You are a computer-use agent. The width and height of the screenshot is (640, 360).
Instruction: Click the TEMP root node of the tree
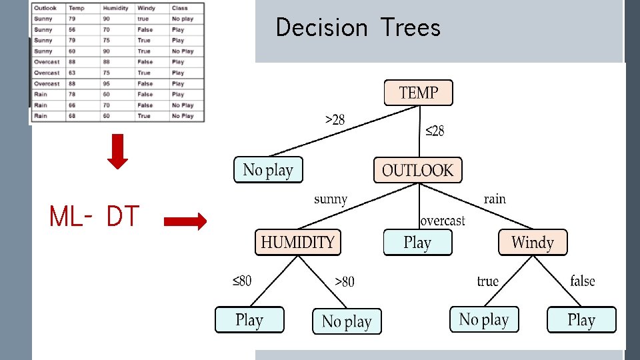point(418,93)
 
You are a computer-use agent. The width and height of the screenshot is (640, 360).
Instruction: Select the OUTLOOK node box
point(417,170)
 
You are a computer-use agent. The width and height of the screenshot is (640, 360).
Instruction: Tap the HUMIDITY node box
point(297,242)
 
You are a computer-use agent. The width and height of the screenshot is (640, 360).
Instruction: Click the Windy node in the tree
point(533,242)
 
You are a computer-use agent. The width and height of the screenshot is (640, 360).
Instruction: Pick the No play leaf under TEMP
point(268,170)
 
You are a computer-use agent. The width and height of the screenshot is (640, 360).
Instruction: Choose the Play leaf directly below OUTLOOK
point(417,242)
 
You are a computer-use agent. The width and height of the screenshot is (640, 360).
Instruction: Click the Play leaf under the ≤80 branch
point(249,320)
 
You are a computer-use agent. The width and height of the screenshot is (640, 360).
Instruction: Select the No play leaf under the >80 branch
point(347,321)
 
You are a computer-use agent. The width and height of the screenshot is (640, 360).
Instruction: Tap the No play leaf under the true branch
point(484,319)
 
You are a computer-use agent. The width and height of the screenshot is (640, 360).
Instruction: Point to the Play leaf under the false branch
point(581,320)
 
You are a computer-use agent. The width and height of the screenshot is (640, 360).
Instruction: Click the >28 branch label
point(335,120)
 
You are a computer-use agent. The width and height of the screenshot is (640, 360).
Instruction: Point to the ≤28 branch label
point(434,131)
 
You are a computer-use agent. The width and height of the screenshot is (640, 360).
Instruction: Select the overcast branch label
point(442,221)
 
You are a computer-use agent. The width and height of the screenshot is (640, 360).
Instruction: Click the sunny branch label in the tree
point(330,199)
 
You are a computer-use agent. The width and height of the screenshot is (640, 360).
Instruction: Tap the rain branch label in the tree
point(494,199)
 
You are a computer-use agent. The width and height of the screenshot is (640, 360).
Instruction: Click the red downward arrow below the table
point(117,151)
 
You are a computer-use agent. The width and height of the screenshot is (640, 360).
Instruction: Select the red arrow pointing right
point(185,223)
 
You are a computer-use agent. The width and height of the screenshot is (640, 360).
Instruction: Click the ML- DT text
point(94,217)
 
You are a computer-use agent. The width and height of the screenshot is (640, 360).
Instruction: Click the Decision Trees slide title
point(358,28)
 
